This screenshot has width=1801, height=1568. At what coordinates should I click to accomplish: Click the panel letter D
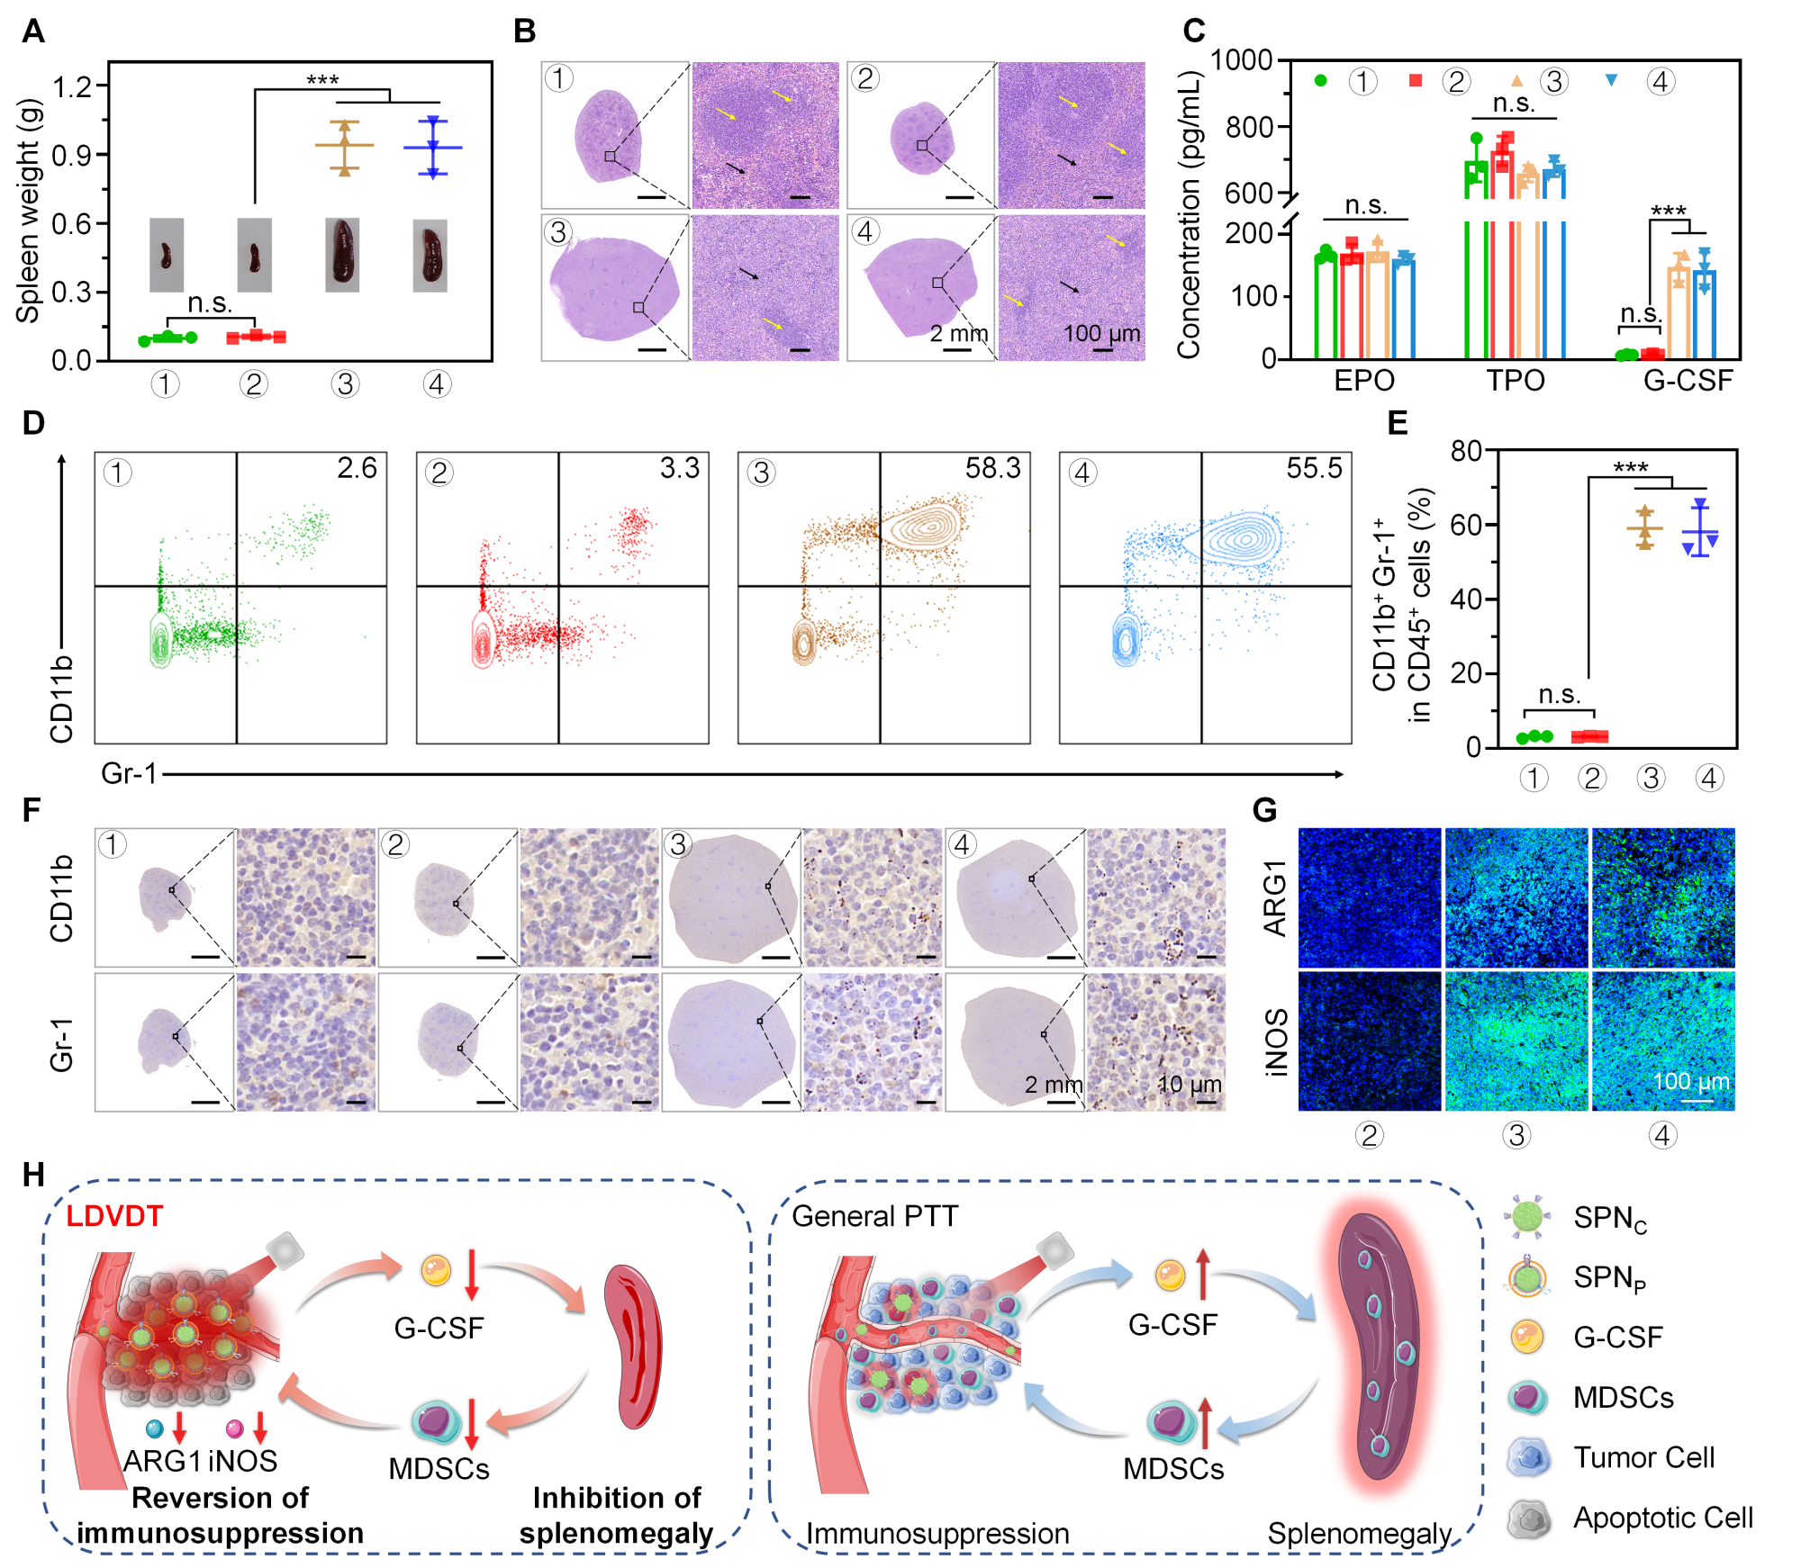[33, 422]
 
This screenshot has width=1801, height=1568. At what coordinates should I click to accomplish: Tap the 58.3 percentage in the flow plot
[992, 468]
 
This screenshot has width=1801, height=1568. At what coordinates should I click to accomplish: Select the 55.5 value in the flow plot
[1314, 468]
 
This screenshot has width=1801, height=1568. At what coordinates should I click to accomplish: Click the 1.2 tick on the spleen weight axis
[72, 87]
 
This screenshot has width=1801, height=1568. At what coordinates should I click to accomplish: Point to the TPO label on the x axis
[1515, 381]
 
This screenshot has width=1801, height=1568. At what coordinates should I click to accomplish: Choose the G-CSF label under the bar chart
[1688, 381]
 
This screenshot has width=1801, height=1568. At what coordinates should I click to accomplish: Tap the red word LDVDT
[114, 1216]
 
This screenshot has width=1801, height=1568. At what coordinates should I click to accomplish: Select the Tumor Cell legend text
[1643, 1457]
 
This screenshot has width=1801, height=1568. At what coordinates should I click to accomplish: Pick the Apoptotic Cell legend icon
[1528, 1518]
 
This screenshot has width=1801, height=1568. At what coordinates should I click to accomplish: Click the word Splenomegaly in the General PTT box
[1359, 1533]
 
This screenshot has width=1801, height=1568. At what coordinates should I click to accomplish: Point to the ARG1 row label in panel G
[1275, 897]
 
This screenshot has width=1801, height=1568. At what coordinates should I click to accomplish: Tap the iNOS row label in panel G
[1275, 1041]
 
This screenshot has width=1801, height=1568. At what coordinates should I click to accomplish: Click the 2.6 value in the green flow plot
[357, 468]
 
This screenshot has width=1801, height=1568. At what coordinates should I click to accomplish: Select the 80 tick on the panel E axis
[1465, 450]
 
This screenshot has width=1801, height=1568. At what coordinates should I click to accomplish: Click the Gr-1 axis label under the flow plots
[129, 773]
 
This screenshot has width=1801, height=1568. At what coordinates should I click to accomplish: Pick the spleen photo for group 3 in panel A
[342, 255]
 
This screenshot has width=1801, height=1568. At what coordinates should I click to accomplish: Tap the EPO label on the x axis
[1363, 381]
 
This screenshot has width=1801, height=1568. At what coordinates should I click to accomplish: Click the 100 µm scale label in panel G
[1691, 1081]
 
